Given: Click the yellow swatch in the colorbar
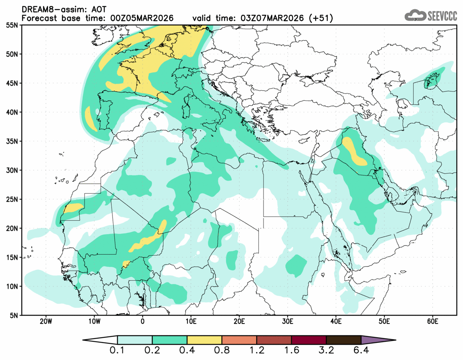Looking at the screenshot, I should [204, 340].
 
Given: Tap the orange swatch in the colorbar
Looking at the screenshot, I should [239, 340].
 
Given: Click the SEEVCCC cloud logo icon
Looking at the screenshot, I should [415, 16].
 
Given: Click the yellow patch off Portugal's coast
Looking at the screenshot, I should [91, 119].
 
